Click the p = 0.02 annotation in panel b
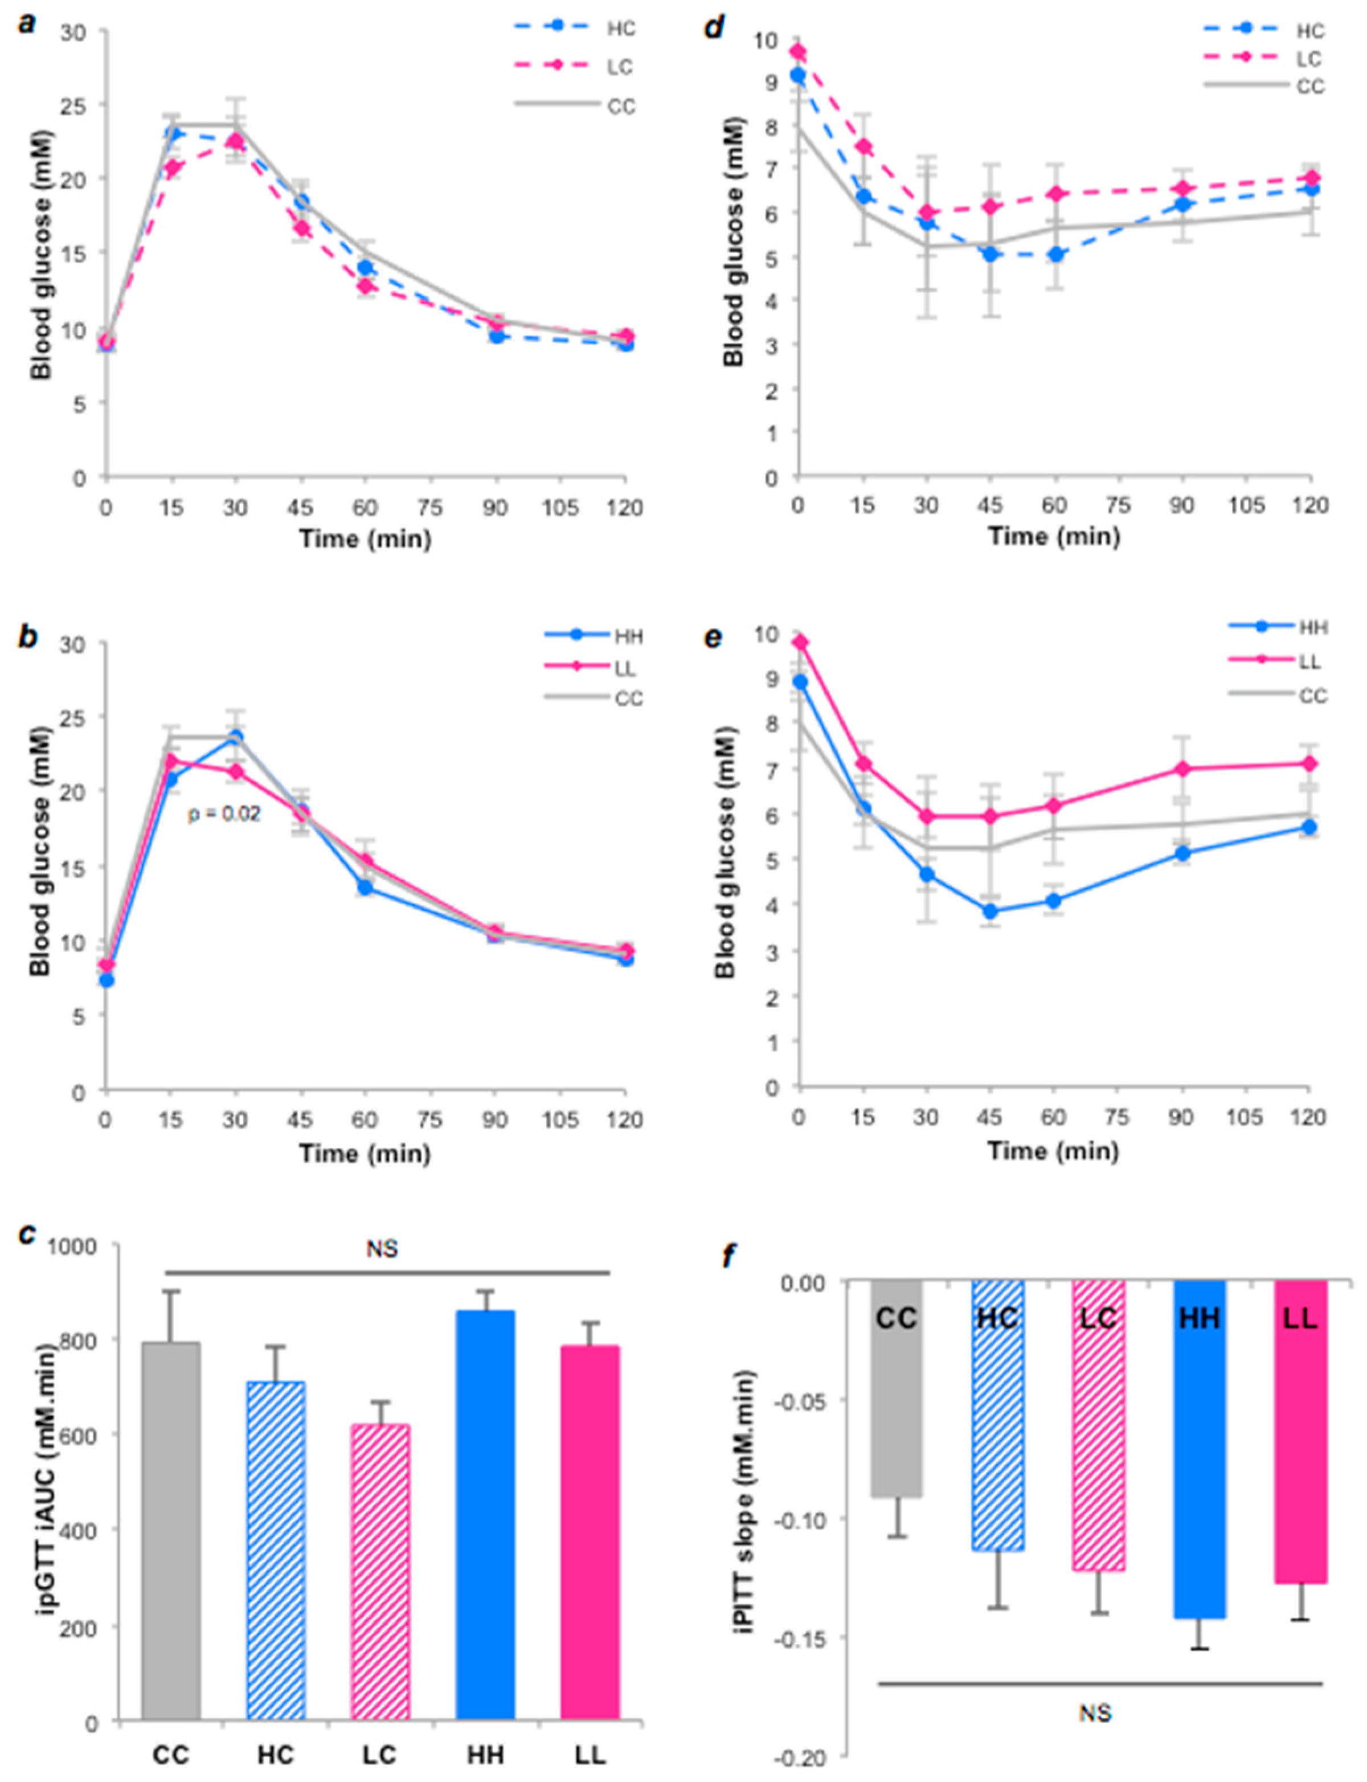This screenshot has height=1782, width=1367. pos(224,813)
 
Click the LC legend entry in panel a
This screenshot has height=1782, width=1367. pos(575,66)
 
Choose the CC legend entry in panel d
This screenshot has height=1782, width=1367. pos(1265,86)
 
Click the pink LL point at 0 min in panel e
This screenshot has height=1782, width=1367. pos(801,643)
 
